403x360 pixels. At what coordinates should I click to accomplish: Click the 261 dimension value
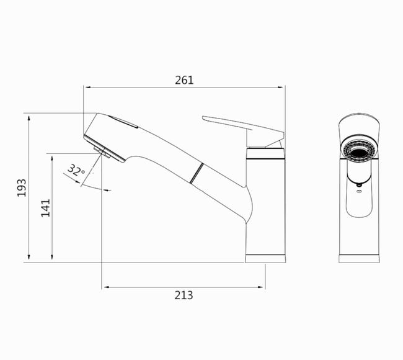coord(184,80)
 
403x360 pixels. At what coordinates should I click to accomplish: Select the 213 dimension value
coord(184,295)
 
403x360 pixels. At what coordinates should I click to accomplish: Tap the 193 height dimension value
coord(22,188)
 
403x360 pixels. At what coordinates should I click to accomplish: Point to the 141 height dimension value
coord(45,208)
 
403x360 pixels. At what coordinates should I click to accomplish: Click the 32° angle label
coord(76,170)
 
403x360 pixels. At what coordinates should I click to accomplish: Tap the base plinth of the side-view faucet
coord(265,259)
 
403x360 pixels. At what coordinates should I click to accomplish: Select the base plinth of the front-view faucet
coord(359,259)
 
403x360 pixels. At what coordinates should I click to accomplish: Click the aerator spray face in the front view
coord(359,152)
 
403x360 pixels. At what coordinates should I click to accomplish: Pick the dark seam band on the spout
coord(197,173)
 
